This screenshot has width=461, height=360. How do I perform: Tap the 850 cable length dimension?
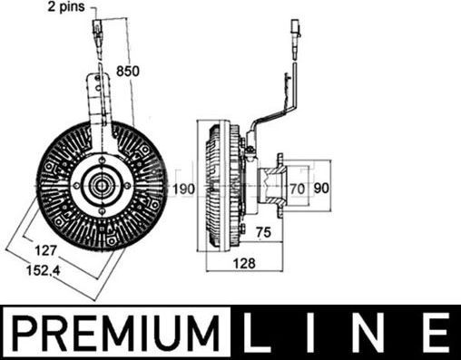128,71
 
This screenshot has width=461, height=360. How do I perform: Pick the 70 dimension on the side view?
296,190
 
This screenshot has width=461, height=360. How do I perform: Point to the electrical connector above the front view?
97,41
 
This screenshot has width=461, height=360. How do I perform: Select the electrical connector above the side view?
297,41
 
